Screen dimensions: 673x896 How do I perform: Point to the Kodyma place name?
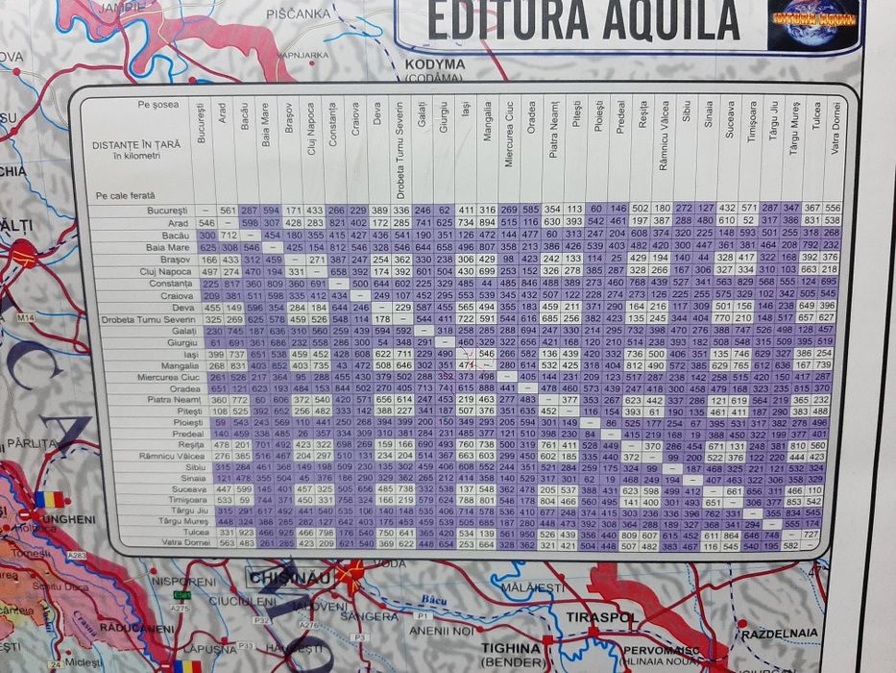coord(435,65)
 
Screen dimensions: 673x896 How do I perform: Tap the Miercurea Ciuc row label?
coord(157,377)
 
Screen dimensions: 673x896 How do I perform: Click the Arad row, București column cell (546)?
coord(203,222)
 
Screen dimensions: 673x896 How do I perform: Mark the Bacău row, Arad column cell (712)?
coord(228,235)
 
